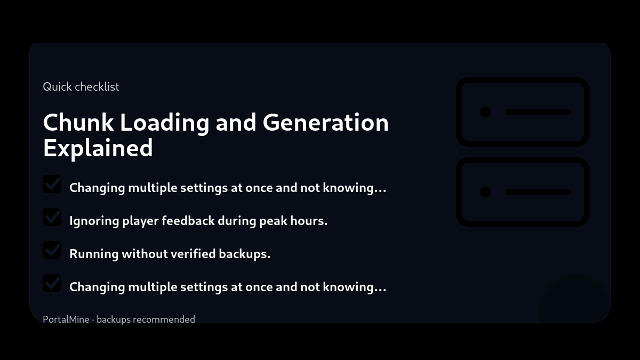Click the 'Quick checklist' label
81,87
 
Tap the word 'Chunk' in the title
78,123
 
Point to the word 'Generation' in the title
325,123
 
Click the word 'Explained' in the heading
98,148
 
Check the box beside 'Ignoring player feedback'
52,217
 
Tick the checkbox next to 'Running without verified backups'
52,250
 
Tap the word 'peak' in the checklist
273,221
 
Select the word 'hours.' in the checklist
309,221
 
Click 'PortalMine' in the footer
66,319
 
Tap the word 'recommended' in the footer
164,319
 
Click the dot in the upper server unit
485,112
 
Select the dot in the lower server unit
485,192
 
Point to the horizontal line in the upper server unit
539,112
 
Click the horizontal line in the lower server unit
539,192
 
